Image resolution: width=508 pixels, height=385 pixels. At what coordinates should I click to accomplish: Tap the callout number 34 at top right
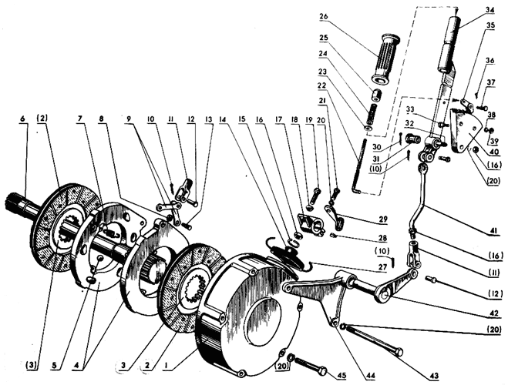tap(490, 10)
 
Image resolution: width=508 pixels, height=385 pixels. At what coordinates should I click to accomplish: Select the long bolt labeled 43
tap(375, 339)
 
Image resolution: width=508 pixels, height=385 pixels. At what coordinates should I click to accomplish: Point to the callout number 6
tap(22, 119)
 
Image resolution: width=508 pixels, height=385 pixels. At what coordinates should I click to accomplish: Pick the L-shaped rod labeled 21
tap(359, 166)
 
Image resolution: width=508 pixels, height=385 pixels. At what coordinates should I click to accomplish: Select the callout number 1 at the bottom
tap(167, 365)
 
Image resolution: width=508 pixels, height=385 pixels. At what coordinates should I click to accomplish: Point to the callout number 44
tap(370, 375)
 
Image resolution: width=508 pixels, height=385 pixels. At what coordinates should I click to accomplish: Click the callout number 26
tap(323, 16)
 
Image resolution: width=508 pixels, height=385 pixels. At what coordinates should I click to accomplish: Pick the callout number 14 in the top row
tap(223, 119)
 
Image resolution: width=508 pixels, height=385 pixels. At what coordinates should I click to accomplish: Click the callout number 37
tap(491, 82)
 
